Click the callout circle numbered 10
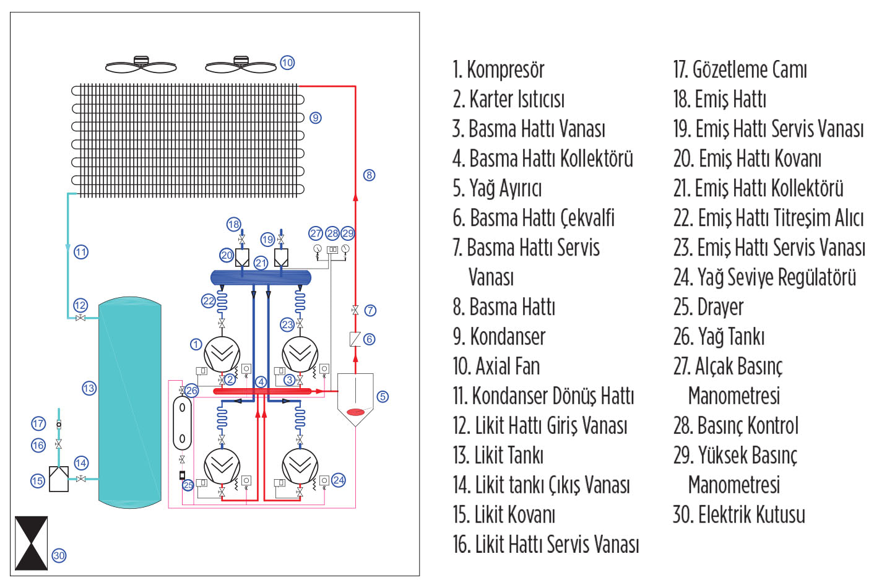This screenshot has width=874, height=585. [x=287, y=63]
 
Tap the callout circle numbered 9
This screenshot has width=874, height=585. [x=316, y=118]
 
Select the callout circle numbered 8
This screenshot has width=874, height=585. [x=369, y=175]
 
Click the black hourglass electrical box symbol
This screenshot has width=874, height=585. [x=31, y=544]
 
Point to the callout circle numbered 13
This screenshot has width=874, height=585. [x=89, y=388]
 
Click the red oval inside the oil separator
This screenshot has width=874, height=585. [x=355, y=412]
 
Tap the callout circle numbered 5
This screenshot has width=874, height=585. [x=383, y=396]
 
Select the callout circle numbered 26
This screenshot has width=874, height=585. [x=192, y=391]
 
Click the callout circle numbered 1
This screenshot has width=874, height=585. [x=196, y=344]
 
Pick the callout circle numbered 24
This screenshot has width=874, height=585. [x=339, y=480]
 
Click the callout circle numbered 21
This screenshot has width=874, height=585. [x=261, y=262]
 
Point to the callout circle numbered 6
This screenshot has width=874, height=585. [x=369, y=339]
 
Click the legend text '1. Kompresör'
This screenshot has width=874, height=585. [x=498, y=69]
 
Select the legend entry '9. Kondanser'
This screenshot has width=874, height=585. [x=499, y=337]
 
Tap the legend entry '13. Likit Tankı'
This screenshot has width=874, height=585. [x=498, y=456]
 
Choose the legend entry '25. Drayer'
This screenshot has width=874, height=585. [x=708, y=307]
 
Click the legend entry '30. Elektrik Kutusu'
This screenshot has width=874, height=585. [x=739, y=515]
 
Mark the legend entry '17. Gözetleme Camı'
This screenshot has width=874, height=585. [x=740, y=69]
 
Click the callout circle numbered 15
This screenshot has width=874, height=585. [x=38, y=480]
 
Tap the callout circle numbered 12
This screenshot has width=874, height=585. [x=80, y=305]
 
